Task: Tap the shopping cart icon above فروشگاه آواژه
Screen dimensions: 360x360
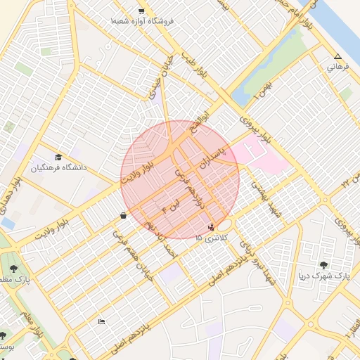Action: [142, 11]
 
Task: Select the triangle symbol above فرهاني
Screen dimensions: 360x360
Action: [338, 56]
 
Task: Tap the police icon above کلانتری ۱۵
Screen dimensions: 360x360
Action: [212, 227]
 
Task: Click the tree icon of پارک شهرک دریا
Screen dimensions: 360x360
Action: [323, 265]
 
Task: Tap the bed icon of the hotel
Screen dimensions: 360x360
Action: [102, 321]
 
